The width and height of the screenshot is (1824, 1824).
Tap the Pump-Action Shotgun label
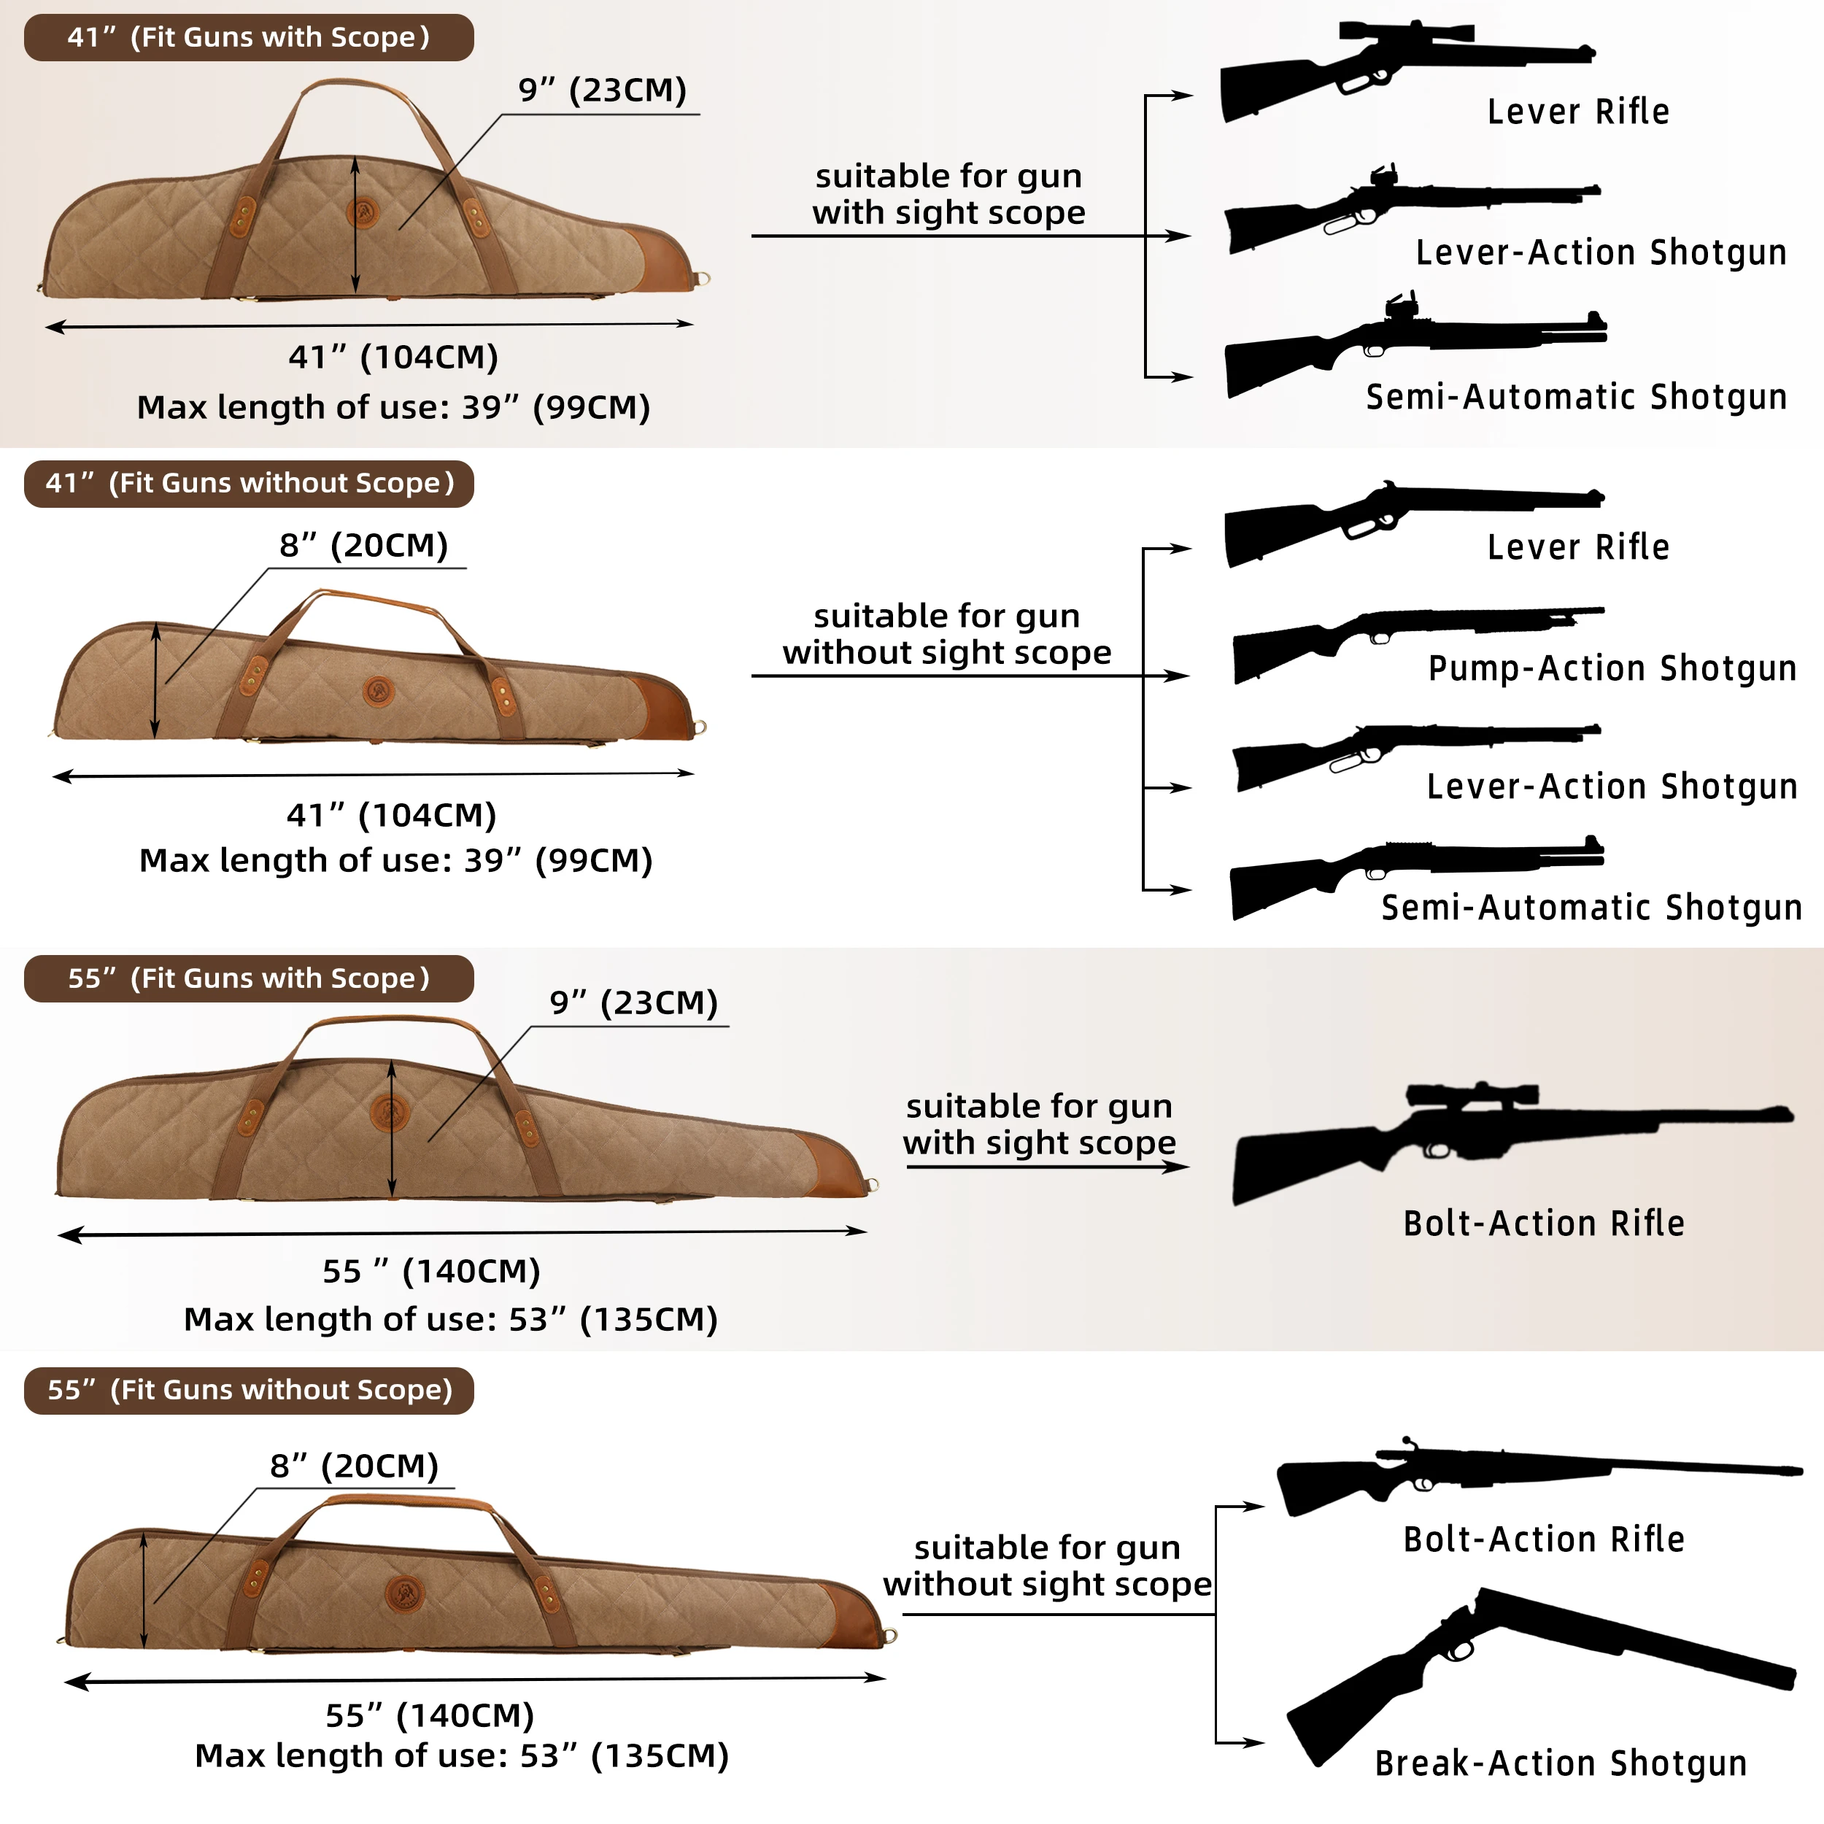(x=1611, y=668)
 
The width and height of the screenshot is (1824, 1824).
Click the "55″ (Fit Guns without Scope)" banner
(x=250, y=1390)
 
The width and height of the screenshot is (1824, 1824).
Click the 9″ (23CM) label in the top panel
(x=603, y=90)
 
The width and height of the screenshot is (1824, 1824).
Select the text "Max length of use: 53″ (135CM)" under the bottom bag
(x=462, y=1756)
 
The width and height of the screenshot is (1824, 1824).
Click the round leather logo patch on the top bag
(x=363, y=212)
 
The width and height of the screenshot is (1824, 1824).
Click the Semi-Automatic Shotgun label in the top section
(x=1576, y=398)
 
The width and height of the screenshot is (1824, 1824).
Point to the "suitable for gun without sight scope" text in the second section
(x=946, y=635)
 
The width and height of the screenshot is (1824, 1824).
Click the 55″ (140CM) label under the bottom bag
(x=430, y=1715)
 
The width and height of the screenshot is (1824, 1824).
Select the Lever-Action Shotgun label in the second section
(x=1611, y=787)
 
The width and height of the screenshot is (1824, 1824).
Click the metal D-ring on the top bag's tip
(x=703, y=279)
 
